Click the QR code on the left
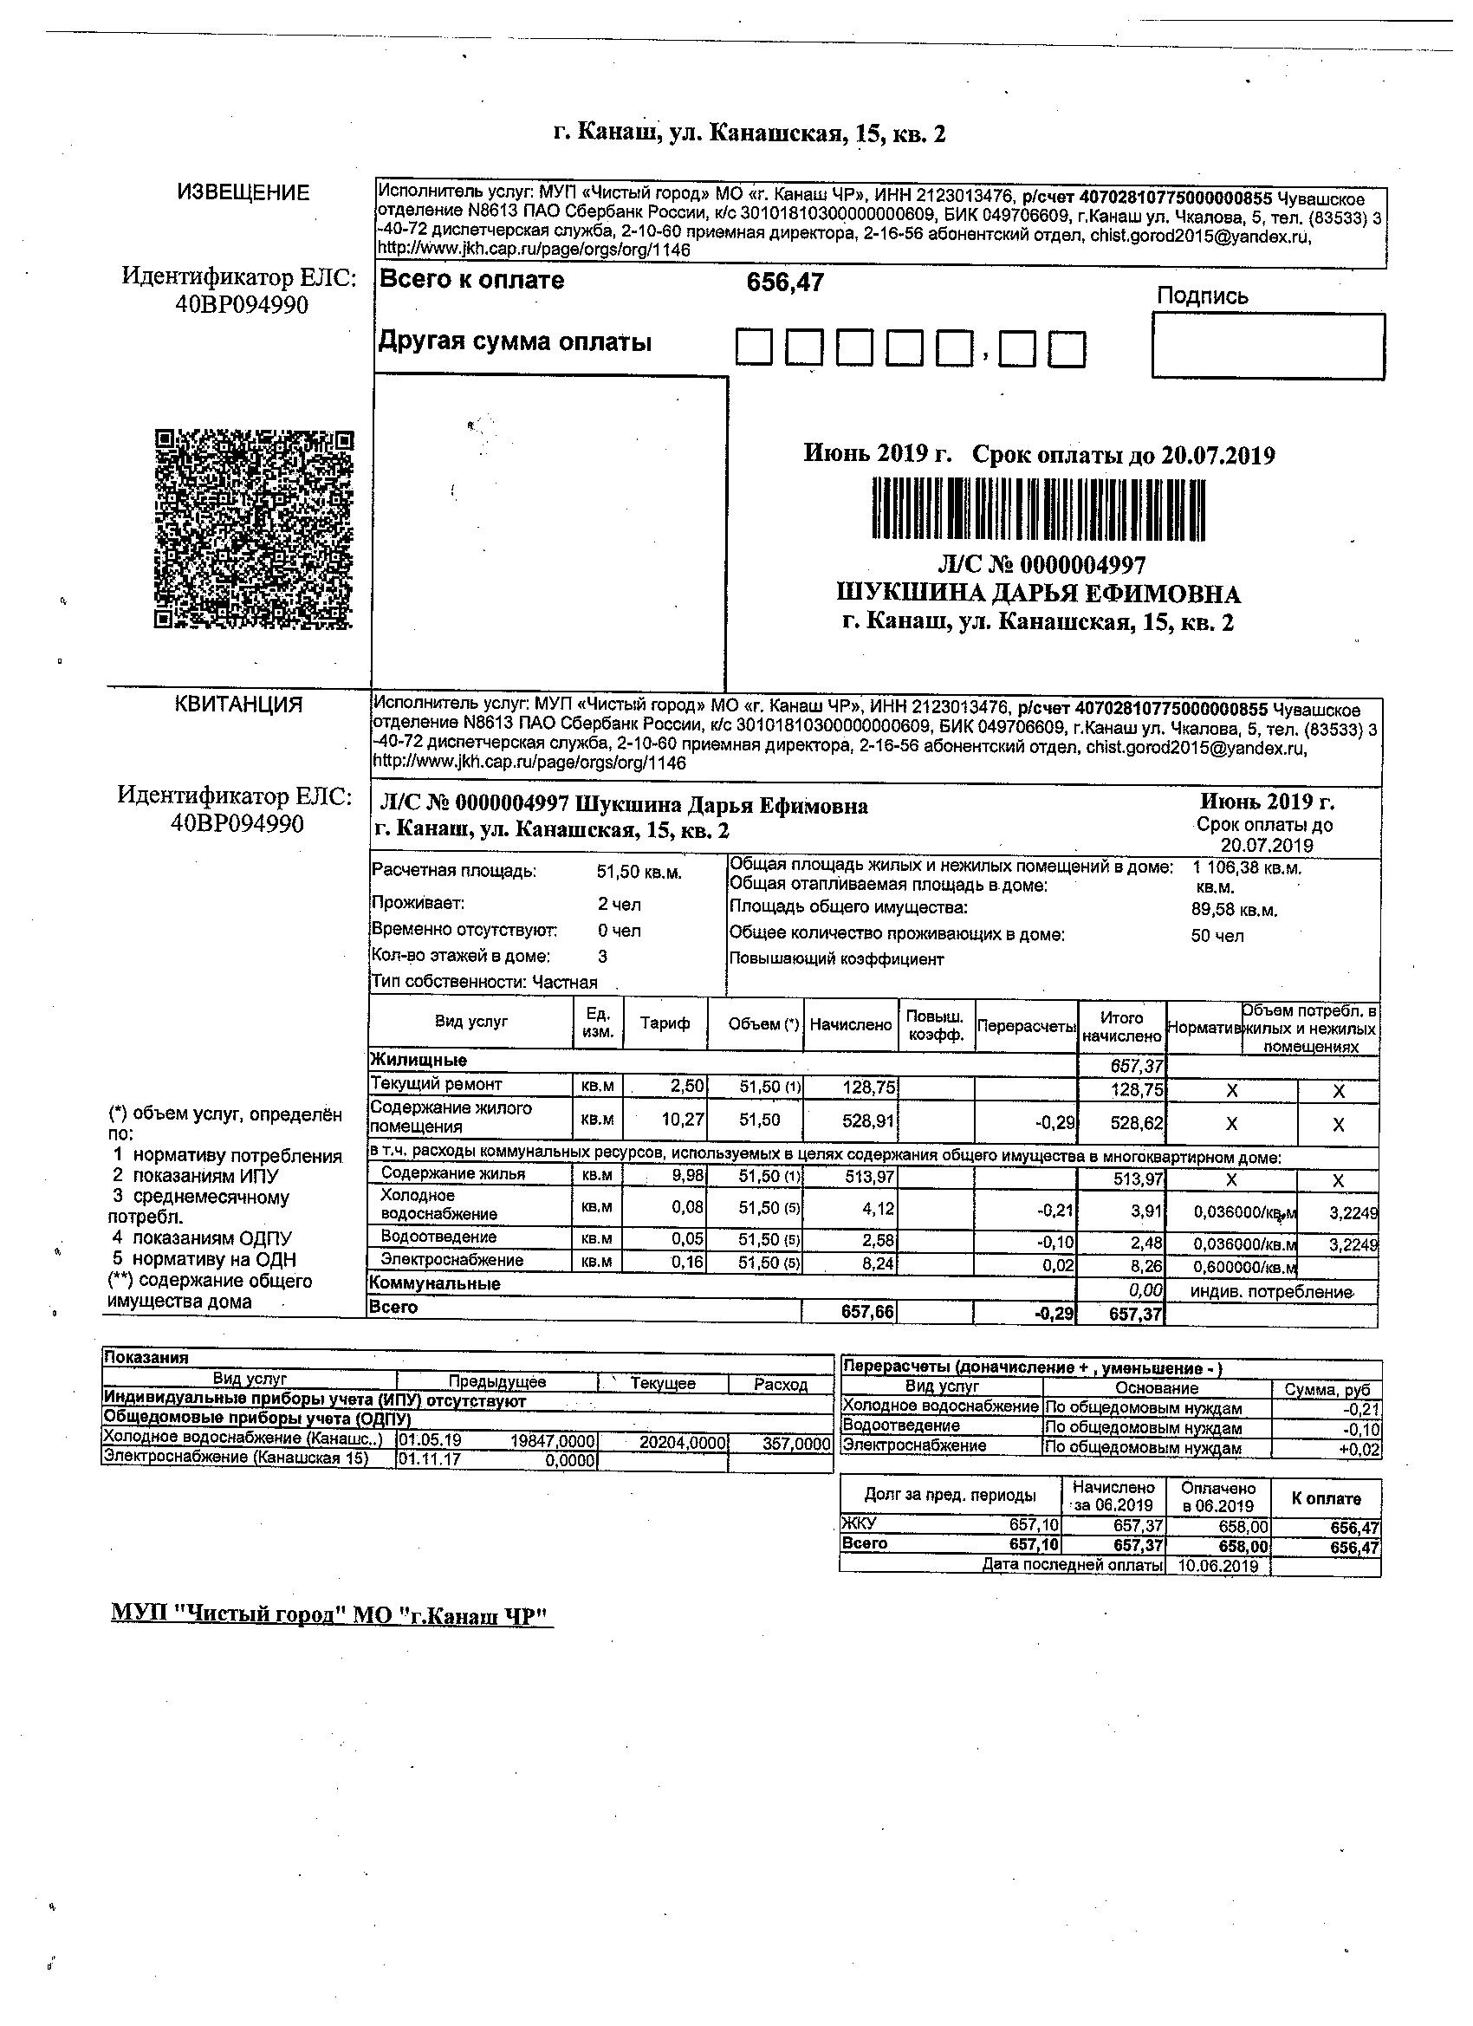pos(255,529)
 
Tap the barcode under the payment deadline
pos(1039,509)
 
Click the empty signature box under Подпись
pos(1268,345)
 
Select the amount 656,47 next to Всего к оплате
pos(785,283)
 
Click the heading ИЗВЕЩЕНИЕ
pos(243,192)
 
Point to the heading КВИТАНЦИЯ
pos(237,704)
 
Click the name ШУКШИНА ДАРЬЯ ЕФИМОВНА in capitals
pos(1038,594)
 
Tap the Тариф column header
pos(665,1023)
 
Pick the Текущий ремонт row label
pos(437,1083)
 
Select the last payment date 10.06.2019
pos(1217,1566)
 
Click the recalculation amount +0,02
pos(1359,1449)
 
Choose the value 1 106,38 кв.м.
pos(1247,867)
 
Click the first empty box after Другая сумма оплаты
pos(753,347)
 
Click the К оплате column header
pos(1326,1498)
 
